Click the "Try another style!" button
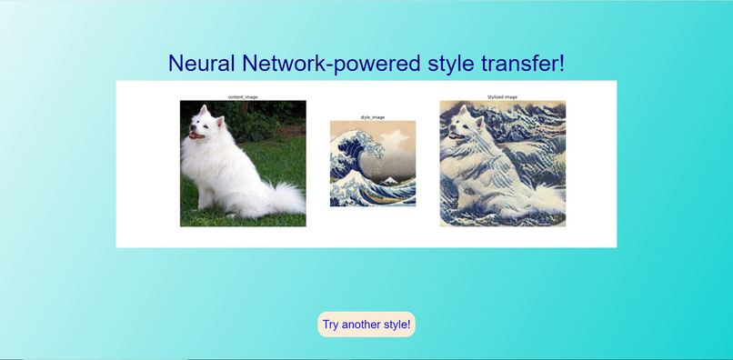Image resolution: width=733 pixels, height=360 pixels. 366,325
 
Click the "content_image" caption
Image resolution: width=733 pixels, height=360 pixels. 243,96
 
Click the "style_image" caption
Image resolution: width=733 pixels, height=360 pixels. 373,117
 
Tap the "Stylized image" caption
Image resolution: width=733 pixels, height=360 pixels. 502,96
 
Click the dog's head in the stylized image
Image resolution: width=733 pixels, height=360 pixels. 467,125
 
